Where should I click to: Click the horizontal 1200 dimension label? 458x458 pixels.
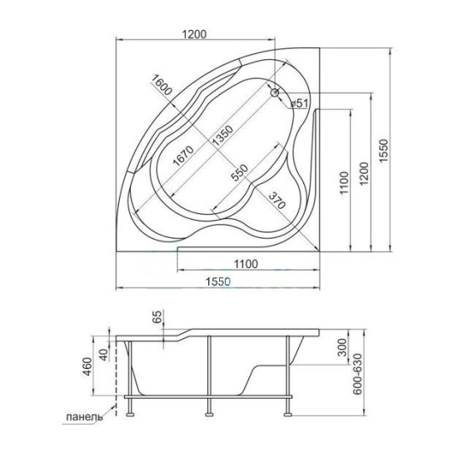[x=193, y=34]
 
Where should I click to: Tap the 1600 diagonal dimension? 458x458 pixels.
[x=162, y=87]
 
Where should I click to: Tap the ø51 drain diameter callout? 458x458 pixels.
[x=301, y=102]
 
